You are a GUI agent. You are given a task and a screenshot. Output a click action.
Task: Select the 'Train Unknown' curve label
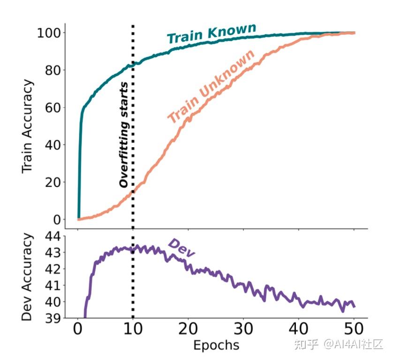[212, 87]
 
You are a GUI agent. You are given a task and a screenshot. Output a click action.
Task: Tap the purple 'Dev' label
[181, 247]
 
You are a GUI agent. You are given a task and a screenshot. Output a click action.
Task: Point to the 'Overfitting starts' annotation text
[124, 135]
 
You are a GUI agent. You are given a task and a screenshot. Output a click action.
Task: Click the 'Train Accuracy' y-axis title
[28, 126]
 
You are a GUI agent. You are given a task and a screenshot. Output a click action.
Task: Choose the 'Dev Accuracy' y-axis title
[28, 277]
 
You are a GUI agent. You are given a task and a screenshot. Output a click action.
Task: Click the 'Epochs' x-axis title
[216, 345]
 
